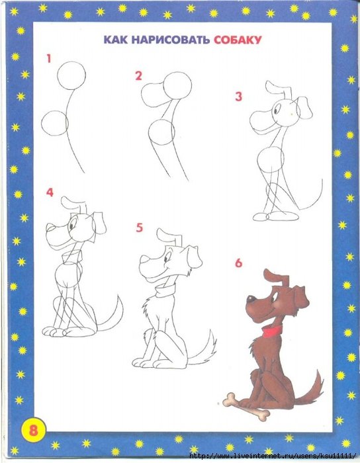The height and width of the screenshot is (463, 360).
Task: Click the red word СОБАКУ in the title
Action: (238, 40)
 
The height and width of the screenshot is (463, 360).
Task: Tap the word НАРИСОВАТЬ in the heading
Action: (170, 40)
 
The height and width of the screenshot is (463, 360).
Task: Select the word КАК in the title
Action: (115, 40)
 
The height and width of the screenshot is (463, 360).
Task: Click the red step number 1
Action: (49, 58)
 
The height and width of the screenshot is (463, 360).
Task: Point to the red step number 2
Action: (138, 76)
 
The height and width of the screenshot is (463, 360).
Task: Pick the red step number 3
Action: (239, 97)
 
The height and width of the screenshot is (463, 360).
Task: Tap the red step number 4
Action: (50, 192)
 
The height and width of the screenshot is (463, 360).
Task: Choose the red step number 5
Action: (140, 228)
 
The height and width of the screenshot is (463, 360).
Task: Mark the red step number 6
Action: (239, 263)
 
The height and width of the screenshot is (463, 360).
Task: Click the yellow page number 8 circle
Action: (33, 429)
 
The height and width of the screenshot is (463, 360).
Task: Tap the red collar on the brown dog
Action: (272, 331)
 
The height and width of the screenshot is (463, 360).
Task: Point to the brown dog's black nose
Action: (251, 299)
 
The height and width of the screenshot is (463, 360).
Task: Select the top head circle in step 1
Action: (71, 75)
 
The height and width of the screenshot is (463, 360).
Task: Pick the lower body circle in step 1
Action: (55, 123)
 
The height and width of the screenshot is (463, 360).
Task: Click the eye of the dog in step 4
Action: (72, 226)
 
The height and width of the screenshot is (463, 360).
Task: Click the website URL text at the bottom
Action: (272, 456)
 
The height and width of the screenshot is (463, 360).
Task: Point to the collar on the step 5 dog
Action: (165, 290)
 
